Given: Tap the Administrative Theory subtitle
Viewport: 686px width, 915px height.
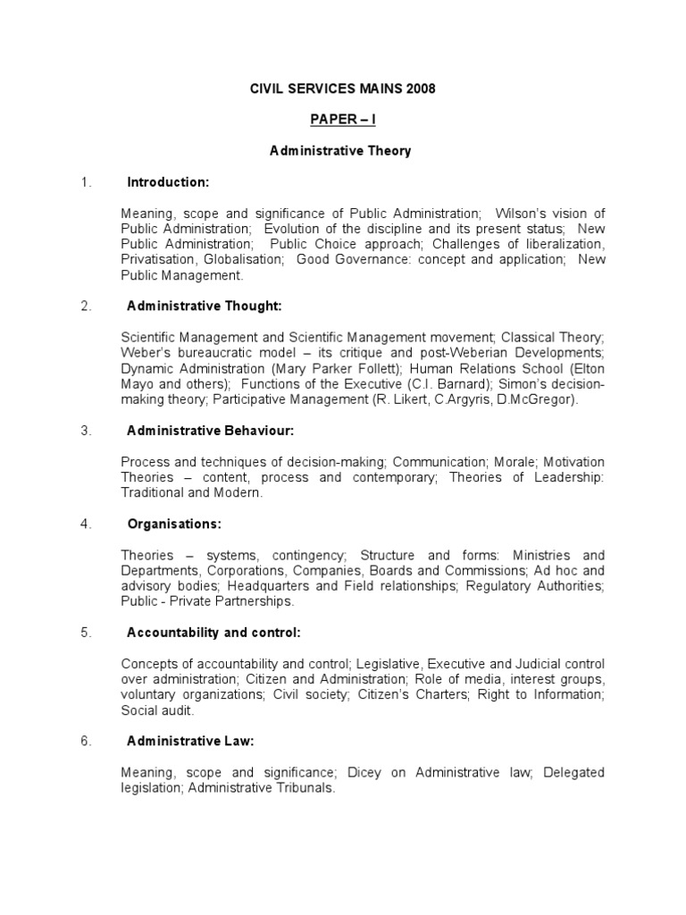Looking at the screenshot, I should pos(340,151).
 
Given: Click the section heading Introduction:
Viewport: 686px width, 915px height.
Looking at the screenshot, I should pos(168,182).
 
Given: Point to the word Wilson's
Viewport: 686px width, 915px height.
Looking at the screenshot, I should pos(522,213).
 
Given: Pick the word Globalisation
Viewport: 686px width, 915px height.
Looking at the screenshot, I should pos(244,259).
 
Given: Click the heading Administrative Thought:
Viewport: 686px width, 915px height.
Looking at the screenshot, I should pos(205,306).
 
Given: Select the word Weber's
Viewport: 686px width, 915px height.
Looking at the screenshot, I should pos(143,352).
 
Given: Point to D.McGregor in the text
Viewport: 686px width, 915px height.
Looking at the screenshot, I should pos(536,399).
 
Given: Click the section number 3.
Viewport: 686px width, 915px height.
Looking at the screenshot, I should pos(86,431).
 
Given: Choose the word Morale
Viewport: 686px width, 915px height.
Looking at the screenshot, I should pos(514,461).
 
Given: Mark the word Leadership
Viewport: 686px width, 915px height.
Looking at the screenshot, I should pos(569,477).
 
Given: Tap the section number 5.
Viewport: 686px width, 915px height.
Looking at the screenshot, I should pos(86,633).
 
